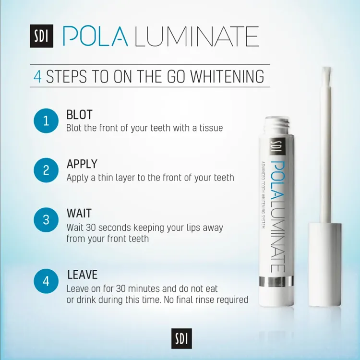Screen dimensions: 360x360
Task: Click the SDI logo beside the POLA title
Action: tap(42, 36)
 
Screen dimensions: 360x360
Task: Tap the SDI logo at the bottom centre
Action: tap(181, 338)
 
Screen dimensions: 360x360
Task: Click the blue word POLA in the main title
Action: tap(95, 36)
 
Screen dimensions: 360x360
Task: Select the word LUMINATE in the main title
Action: tap(196, 36)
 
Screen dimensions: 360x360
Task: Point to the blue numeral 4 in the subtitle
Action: tap(37, 77)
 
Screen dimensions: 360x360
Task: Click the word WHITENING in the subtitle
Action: tap(228, 76)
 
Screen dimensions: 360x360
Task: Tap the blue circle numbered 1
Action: tap(46, 121)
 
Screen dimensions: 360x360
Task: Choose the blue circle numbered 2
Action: tap(46, 170)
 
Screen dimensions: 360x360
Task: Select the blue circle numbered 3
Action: tap(46, 220)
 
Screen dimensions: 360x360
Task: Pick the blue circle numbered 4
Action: tap(46, 281)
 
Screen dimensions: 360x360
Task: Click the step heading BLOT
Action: tap(79, 115)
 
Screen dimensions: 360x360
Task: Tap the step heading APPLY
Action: tap(82, 164)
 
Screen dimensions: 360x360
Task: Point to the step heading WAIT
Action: tap(79, 213)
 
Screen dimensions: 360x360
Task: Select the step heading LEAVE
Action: tap(83, 275)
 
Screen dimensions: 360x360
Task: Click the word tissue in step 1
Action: tap(211, 128)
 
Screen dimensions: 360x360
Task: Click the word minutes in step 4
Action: tap(144, 288)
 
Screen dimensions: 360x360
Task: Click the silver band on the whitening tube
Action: tap(276, 282)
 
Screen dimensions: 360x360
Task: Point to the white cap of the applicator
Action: tap(324, 264)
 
